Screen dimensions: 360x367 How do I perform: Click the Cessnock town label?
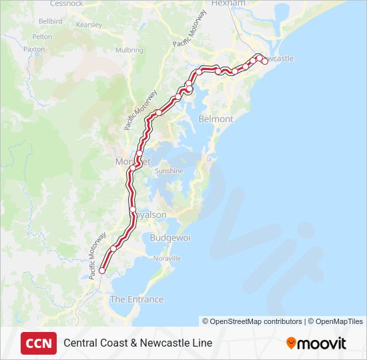[66, 3]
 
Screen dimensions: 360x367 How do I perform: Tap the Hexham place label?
[228, 3]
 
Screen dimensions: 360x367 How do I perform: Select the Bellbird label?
[50, 21]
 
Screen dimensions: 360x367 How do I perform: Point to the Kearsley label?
[89, 25]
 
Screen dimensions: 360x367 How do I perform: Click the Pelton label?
[41, 37]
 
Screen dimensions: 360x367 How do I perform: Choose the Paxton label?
[34, 49]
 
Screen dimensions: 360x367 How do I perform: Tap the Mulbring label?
[129, 50]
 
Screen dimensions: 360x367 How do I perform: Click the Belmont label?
[216, 119]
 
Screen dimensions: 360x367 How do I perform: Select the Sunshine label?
[169, 171]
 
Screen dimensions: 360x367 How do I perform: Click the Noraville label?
[167, 258]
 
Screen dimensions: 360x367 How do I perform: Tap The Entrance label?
[136, 299]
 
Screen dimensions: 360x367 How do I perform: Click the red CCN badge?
[39, 343]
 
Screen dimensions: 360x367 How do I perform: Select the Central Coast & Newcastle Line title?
[137, 343]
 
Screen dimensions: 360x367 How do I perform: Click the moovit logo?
[316, 343]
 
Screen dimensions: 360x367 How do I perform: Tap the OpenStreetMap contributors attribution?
[252, 321]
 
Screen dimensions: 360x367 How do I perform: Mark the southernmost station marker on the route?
[101, 271]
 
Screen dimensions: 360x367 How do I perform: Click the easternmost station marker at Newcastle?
[265, 61]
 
